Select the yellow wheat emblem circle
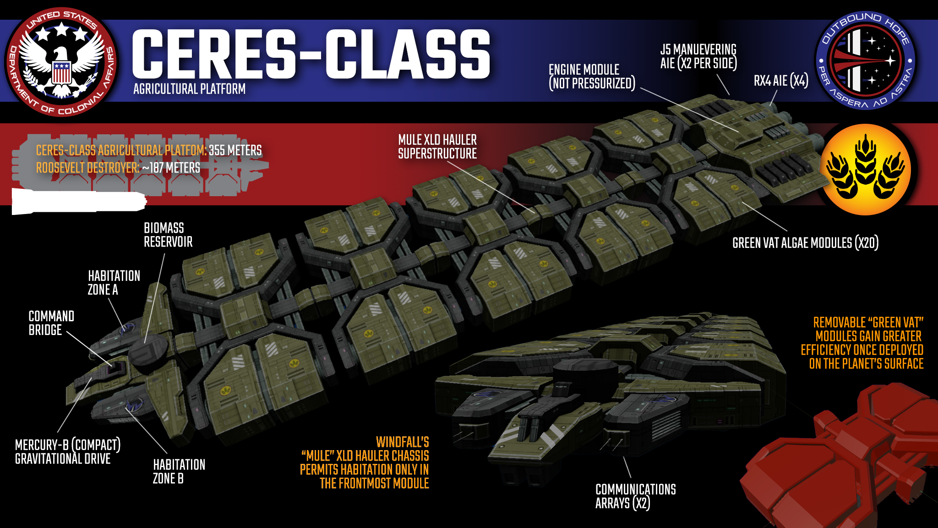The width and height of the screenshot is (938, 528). (865, 169)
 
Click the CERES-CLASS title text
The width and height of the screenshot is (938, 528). (311, 54)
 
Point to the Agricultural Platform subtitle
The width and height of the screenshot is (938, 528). (189, 89)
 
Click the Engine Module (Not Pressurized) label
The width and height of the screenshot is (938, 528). (592, 77)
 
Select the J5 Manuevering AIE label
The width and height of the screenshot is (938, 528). (698, 56)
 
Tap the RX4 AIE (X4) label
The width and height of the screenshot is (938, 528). (780, 81)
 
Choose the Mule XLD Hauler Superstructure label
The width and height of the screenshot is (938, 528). (437, 147)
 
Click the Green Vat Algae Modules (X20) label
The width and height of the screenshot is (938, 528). (805, 243)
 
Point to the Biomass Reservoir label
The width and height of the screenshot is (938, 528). (168, 235)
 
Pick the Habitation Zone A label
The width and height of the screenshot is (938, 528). (114, 283)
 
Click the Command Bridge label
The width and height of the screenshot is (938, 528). (51, 323)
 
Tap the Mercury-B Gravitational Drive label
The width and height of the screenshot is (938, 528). (67, 452)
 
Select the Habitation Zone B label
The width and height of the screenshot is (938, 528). (179, 472)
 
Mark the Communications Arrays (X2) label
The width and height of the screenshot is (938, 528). (635, 496)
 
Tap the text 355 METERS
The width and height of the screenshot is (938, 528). (235, 150)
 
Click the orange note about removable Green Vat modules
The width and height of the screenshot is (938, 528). (862, 343)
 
